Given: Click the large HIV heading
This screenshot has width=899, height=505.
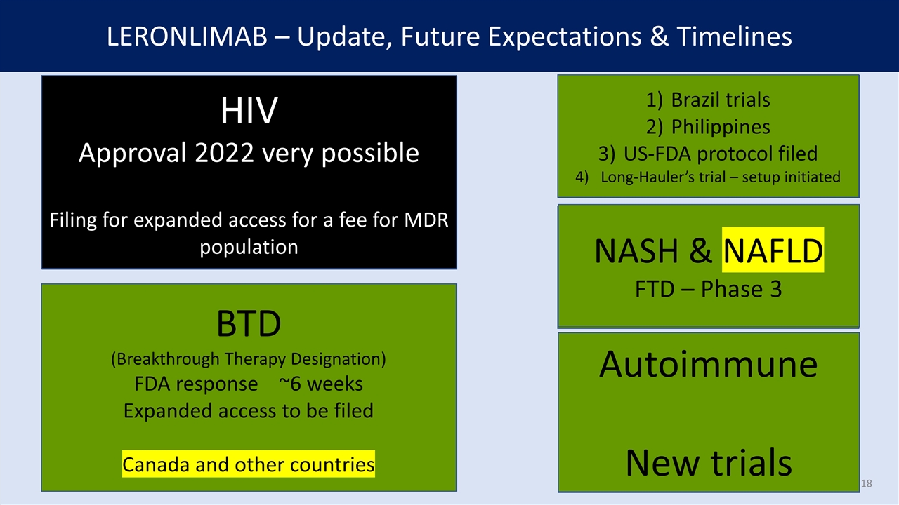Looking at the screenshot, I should click(x=249, y=111).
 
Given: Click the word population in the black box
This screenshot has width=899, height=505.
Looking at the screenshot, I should click(x=249, y=247).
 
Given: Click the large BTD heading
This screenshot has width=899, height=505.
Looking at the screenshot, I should click(x=249, y=323).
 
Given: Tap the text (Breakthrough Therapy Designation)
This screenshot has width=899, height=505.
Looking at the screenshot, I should click(x=249, y=358).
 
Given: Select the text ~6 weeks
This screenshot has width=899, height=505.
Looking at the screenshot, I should click(x=320, y=384).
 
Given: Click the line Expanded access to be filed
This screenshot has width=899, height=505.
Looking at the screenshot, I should click(x=249, y=410).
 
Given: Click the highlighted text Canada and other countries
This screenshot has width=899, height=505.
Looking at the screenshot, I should click(x=249, y=464).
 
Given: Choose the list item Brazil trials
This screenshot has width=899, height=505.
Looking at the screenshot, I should click(x=720, y=100).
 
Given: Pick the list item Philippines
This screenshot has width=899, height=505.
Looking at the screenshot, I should click(x=720, y=126).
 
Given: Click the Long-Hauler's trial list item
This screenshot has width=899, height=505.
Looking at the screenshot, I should click(x=720, y=177).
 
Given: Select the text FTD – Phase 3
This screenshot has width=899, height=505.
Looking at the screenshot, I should click(x=708, y=288).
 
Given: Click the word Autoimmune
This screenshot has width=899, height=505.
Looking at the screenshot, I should click(x=708, y=365).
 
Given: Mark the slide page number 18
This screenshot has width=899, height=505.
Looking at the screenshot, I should click(x=866, y=484).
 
